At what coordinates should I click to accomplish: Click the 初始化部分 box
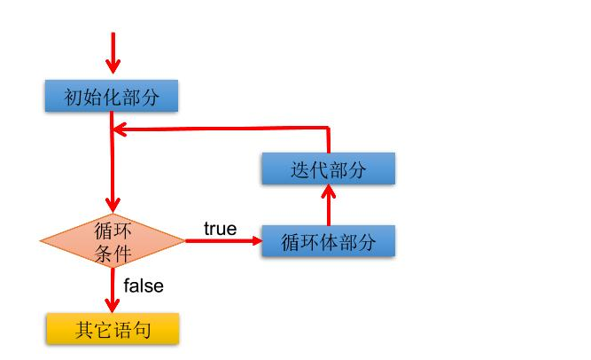(x=112, y=97)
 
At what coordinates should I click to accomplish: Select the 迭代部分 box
(x=328, y=169)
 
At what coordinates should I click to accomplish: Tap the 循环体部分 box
(x=328, y=241)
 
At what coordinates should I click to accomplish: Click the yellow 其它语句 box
(x=113, y=330)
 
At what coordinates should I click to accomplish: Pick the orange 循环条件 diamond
(x=113, y=241)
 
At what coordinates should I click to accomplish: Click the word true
(x=220, y=229)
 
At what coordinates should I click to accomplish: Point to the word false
(x=143, y=286)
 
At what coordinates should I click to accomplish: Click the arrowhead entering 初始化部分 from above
(x=113, y=68)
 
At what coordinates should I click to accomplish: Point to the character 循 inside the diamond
(x=103, y=231)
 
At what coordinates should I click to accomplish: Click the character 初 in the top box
(x=71, y=97)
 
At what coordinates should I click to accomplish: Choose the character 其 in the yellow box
(x=84, y=330)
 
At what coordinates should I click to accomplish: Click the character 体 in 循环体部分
(x=328, y=241)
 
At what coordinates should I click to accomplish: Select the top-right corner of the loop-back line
(x=328, y=129)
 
